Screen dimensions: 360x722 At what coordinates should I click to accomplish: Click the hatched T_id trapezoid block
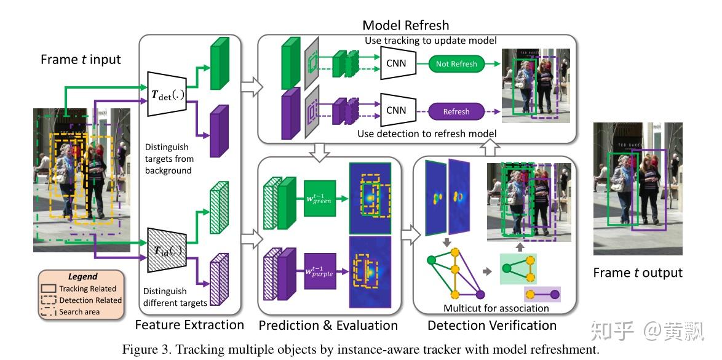point(167,250)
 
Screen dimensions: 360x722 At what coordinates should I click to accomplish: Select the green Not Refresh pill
point(456,63)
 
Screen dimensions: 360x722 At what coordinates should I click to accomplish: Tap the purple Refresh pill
point(456,111)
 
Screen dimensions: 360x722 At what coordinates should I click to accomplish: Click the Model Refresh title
point(405,25)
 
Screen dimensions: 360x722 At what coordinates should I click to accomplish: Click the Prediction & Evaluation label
point(328,325)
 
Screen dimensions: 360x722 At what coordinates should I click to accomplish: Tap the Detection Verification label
point(492,325)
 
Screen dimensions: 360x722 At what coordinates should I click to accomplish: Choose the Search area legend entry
point(79,312)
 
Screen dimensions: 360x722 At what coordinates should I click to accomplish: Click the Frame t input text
point(81,60)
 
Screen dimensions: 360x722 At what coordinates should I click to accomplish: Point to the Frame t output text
point(638,273)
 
